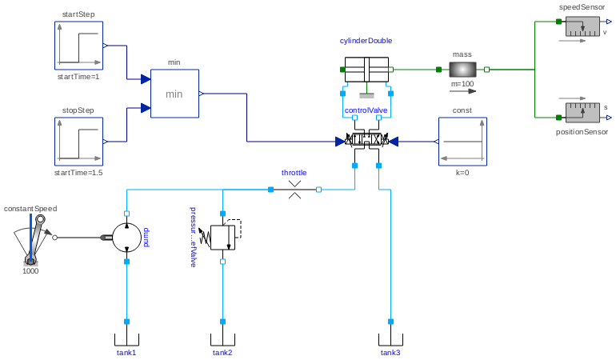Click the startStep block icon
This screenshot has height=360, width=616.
click(78, 46)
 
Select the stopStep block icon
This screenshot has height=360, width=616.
click(78, 142)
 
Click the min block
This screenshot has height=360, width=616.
click(174, 94)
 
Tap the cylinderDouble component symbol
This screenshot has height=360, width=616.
click(366, 70)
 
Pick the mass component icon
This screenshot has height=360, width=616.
click(462, 70)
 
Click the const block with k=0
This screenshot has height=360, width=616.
click(462, 142)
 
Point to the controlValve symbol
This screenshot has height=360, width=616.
click(366, 141)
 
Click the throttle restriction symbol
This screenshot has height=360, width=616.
click(294, 190)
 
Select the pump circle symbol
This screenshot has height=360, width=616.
click(126, 238)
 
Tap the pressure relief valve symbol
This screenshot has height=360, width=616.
click(222, 237)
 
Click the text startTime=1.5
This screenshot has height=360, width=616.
click(78, 173)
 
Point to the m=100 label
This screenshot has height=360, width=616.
click(462, 84)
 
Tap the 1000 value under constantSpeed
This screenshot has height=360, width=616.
click(30, 270)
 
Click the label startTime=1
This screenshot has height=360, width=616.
click(78, 77)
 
